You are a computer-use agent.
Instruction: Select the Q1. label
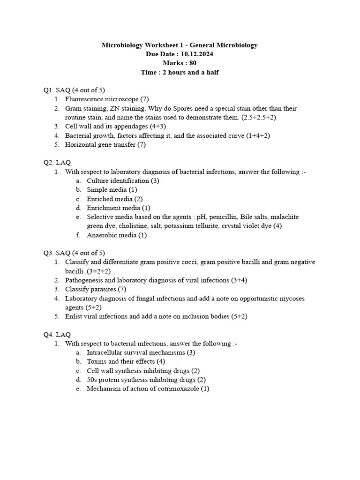point(49,90)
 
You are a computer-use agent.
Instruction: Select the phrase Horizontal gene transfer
point(100,145)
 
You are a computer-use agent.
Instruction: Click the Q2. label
point(49,163)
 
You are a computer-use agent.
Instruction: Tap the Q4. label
point(49,335)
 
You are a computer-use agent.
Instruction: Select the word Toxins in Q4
point(97,362)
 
